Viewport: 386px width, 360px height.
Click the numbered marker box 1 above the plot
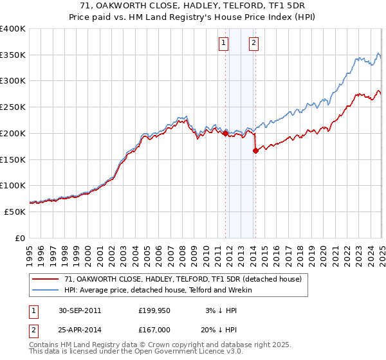223,43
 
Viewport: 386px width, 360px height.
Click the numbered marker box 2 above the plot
254,43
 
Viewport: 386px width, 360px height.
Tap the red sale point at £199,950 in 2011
226,133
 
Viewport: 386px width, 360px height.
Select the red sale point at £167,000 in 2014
255,150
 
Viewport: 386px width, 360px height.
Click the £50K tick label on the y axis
15,212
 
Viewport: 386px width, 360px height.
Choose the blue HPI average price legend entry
158,290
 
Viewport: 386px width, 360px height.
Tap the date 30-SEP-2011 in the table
79,310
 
